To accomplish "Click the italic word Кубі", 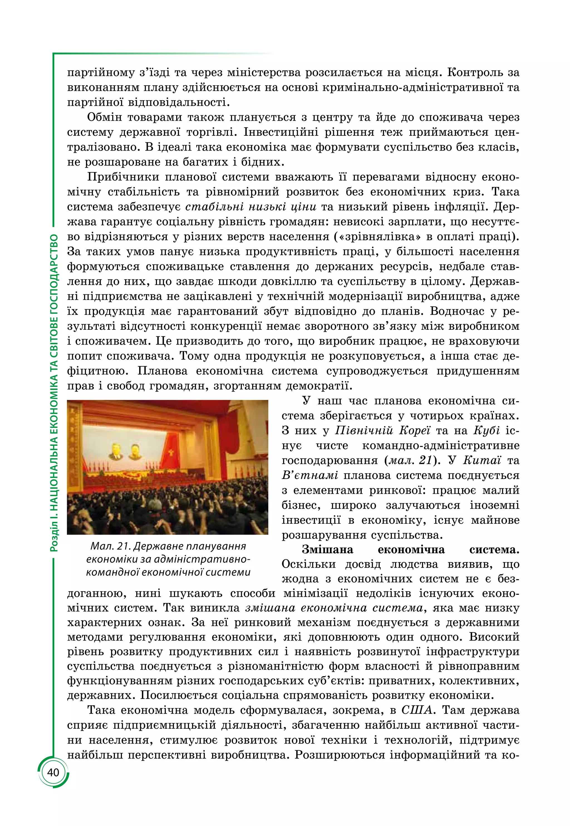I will coord(487,431).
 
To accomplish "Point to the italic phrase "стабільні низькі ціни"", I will coord(251,207).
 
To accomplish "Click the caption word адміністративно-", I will coord(203,559).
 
